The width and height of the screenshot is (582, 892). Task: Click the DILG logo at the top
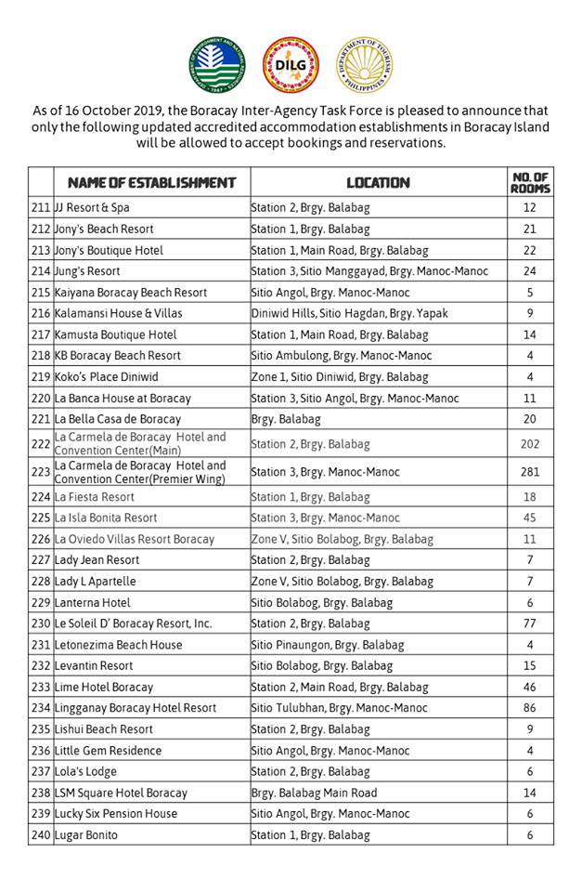tap(291, 66)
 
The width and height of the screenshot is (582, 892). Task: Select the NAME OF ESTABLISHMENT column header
tap(145, 183)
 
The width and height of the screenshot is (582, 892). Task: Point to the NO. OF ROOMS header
tap(530, 183)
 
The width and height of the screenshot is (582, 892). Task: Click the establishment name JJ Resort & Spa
tap(92, 208)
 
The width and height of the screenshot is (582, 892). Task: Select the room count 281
tap(530, 472)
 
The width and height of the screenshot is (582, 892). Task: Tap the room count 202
tap(530, 444)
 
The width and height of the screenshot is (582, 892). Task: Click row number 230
tap(41, 623)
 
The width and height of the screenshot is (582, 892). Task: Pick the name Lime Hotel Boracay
tap(104, 688)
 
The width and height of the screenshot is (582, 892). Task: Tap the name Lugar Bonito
tap(86, 835)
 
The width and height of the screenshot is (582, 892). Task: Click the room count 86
tap(530, 708)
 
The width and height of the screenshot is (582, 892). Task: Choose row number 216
tap(41, 314)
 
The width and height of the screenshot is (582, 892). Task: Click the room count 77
tap(530, 623)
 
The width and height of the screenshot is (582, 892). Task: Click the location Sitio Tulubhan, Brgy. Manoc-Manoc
tap(340, 708)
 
